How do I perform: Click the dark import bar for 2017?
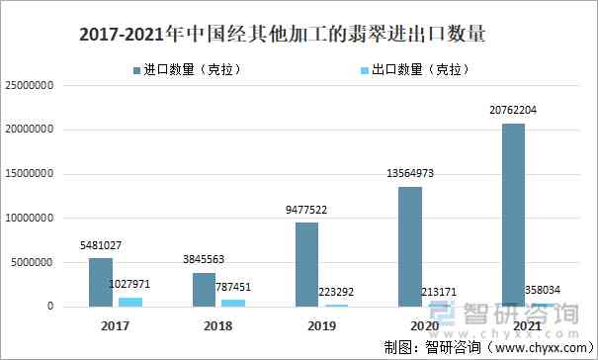point(101,282)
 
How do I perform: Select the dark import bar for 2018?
point(205,290)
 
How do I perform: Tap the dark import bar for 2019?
point(307,264)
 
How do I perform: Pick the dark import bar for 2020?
point(410,246)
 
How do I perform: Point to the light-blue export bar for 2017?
point(129,302)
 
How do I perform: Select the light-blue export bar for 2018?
point(233,303)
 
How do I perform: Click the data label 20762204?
point(512,110)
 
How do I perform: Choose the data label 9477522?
point(307,210)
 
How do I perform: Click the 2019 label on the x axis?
point(320,324)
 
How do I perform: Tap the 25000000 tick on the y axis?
point(42,86)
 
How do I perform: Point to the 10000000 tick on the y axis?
point(42,219)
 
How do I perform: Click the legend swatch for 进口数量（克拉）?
point(136,70)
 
